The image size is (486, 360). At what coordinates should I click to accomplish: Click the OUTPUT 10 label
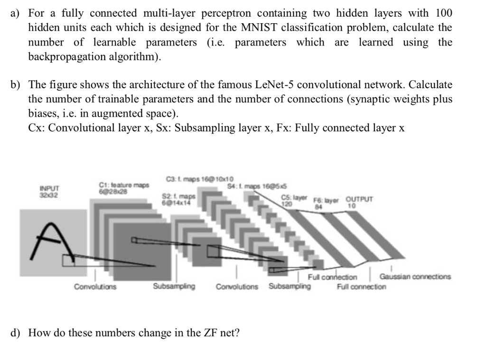359,202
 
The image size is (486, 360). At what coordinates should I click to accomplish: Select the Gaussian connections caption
415,277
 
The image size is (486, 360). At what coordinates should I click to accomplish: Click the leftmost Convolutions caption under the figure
95,286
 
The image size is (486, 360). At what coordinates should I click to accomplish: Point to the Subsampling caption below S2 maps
174,286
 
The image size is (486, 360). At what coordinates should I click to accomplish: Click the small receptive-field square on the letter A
68,260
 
